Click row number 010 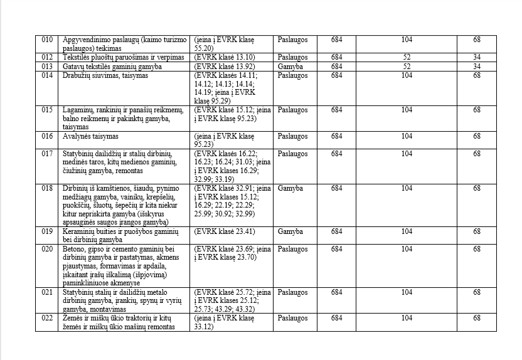point(47,40)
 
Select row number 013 point(47,66)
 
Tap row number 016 point(47,136)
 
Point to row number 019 point(47,231)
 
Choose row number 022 point(47,319)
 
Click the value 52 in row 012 point(407,58)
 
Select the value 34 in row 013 point(477,66)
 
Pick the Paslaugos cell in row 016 point(292,136)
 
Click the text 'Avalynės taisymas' point(92,136)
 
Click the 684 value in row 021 point(336,292)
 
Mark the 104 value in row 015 point(407,110)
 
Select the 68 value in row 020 point(477,249)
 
